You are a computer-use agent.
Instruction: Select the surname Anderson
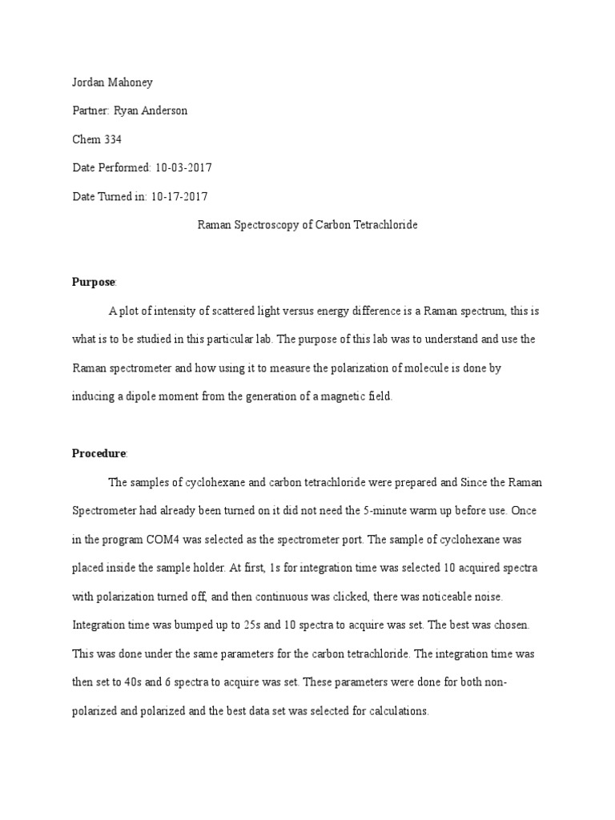[163, 111]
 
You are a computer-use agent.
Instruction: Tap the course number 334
[112, 139]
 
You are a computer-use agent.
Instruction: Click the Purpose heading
[94, 282]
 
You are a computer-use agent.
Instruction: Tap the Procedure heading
[98, 453]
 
